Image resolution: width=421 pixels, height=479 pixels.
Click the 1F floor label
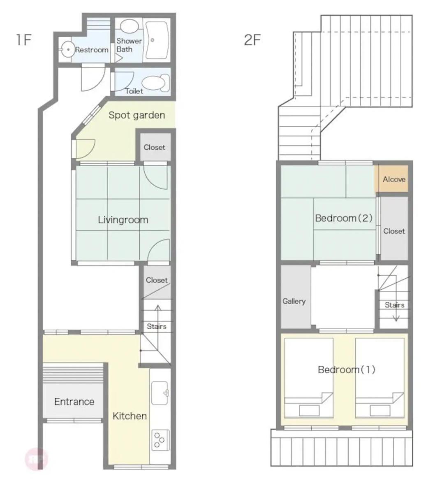[24, 40]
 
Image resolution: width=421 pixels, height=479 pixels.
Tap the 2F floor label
[252, 40]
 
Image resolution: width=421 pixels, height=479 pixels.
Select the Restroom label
[92, 50]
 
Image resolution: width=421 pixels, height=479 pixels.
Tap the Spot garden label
[137, 115]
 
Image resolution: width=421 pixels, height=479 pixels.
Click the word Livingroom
[123, 220]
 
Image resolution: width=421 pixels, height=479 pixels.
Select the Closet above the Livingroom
[155, 147]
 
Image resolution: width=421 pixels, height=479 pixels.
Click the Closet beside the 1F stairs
[157, 281]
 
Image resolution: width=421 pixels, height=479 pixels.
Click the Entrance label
[74, 401]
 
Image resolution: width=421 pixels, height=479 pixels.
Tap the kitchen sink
[160, 393]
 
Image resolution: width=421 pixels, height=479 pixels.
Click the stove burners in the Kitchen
[160, 439]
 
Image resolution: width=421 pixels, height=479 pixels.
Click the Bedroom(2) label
[344, 218]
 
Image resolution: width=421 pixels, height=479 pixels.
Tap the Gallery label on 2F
[294, 301]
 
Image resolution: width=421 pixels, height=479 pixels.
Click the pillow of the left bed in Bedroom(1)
[309, 410]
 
